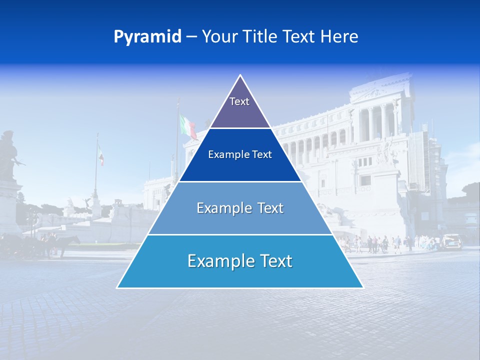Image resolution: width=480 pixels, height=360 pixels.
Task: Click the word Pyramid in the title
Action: pos(147,37)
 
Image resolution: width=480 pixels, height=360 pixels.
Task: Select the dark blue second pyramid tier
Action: pos(240,155)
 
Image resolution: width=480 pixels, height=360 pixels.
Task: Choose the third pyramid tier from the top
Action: pos(240,208)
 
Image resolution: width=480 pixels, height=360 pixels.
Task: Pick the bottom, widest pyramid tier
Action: pos(240,261)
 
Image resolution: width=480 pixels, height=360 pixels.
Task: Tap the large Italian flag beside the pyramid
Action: pos(188,126)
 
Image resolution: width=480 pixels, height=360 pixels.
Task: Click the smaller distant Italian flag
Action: pos(100,155)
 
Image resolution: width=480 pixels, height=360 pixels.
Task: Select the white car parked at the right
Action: pos(451,241)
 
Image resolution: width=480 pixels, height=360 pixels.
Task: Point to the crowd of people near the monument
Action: pos(380,243)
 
